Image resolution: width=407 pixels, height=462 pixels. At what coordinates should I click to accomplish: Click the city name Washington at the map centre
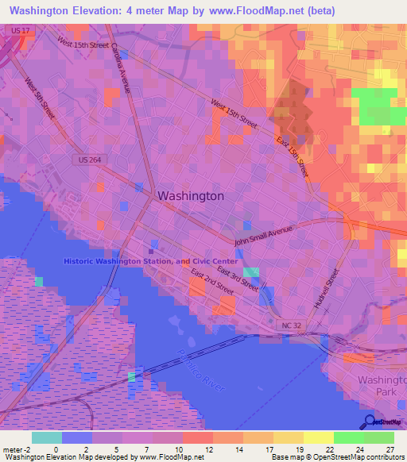pyautogui.click(x=191, y=195)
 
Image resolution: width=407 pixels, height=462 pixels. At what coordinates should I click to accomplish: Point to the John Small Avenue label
pyautogui.click(x=263, y=235)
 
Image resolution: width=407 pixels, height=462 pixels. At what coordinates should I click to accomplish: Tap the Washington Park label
pyautogui.click(x=381, y=387)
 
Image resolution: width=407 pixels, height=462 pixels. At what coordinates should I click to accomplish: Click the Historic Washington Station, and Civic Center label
pyautogui.click(x=151, y=261)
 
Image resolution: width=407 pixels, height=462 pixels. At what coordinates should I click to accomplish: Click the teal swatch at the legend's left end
pyautogui.click(x=47, y=437)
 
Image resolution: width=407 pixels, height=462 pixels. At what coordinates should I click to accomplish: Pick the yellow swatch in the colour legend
pyautogui.click(x=318, y=437)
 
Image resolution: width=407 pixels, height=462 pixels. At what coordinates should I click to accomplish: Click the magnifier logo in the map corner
pyautogui.click(x=370, y=422)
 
